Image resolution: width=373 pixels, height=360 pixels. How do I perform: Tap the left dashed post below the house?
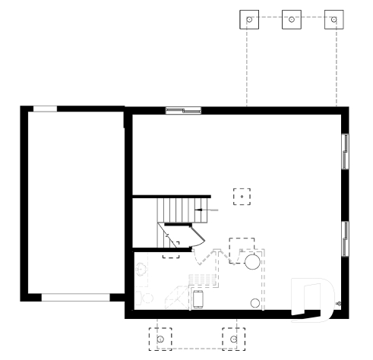[160, 336]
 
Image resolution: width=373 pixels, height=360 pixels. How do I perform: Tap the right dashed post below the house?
[234, 336]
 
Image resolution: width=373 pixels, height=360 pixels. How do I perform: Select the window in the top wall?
[182, 110]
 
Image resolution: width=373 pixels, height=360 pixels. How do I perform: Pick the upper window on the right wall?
[346, 151]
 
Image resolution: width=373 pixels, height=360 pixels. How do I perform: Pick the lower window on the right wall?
[346, 237]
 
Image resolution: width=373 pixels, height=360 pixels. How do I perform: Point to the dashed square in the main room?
[242, 196]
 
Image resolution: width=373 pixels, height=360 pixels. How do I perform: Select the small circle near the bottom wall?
[254, 302]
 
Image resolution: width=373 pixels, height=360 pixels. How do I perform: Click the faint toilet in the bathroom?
[138, 298]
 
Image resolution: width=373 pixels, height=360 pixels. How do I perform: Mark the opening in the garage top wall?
[45, 109]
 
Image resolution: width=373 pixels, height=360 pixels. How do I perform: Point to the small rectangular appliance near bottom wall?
[198, 298]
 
